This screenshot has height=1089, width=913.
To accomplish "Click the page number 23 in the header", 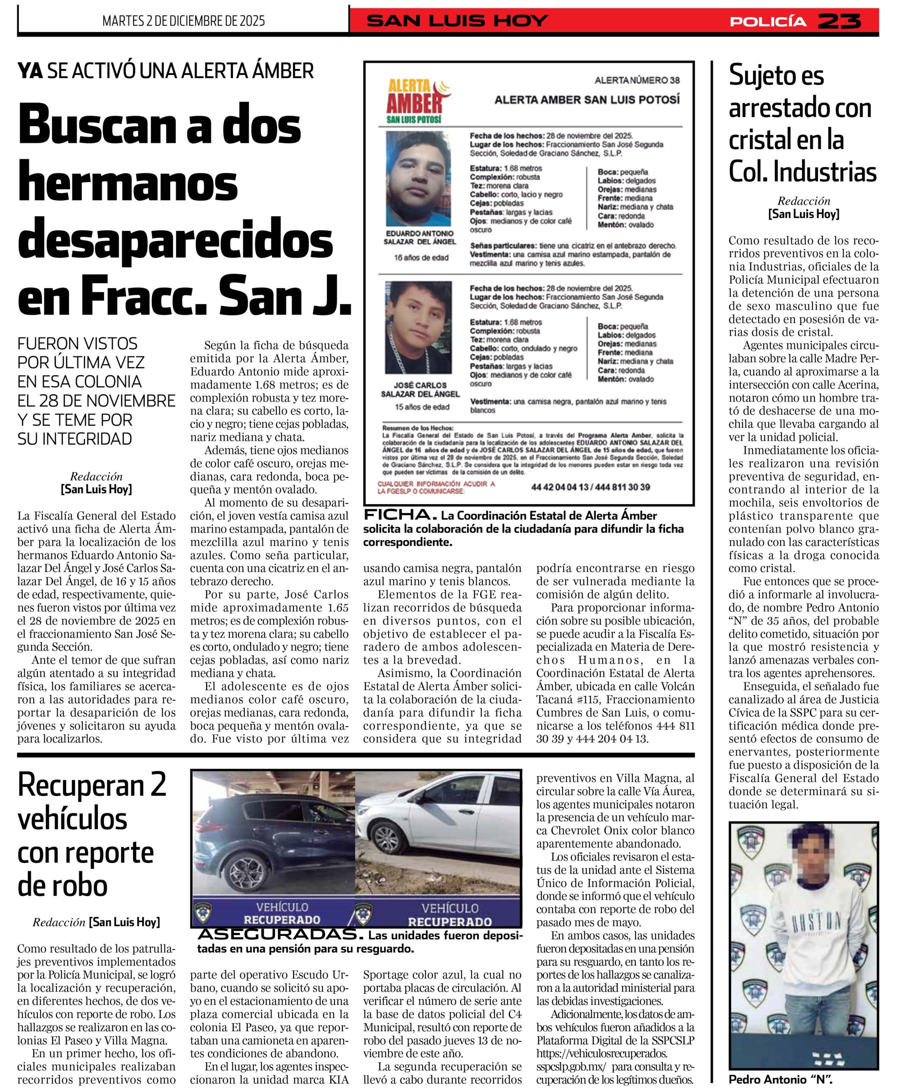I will point(840,21).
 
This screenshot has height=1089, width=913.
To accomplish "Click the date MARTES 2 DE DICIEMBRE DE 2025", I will point(184,21).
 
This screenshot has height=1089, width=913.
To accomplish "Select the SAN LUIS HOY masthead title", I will point(457,21).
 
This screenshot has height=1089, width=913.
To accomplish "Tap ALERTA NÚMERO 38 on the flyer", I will point(637,80).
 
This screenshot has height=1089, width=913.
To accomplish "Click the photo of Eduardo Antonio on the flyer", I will point(418,178).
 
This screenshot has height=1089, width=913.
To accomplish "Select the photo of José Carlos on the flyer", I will point(418,328).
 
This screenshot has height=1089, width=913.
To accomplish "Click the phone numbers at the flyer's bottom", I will point(591,487).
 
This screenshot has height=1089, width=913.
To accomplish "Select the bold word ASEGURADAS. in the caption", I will point(279,935).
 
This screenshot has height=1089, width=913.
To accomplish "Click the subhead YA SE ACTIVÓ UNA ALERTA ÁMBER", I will point(165,71).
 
